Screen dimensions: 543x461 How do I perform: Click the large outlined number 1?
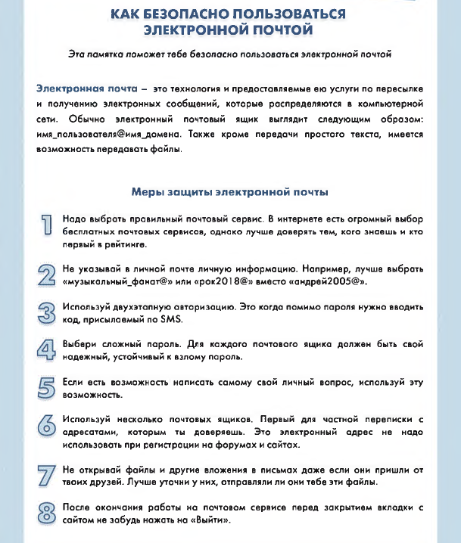[x=47, y=224]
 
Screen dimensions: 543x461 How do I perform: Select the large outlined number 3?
[x=47, y=312]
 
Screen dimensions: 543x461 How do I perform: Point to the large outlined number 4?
[x=47, y=349]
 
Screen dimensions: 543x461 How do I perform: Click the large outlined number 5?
[x=47, y=386]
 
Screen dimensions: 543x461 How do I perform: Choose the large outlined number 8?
[x=47, y=514]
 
